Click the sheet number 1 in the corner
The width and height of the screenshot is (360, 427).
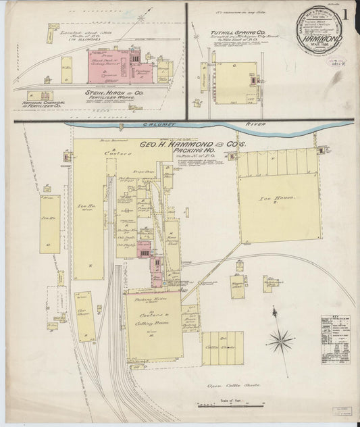(346, 13)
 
